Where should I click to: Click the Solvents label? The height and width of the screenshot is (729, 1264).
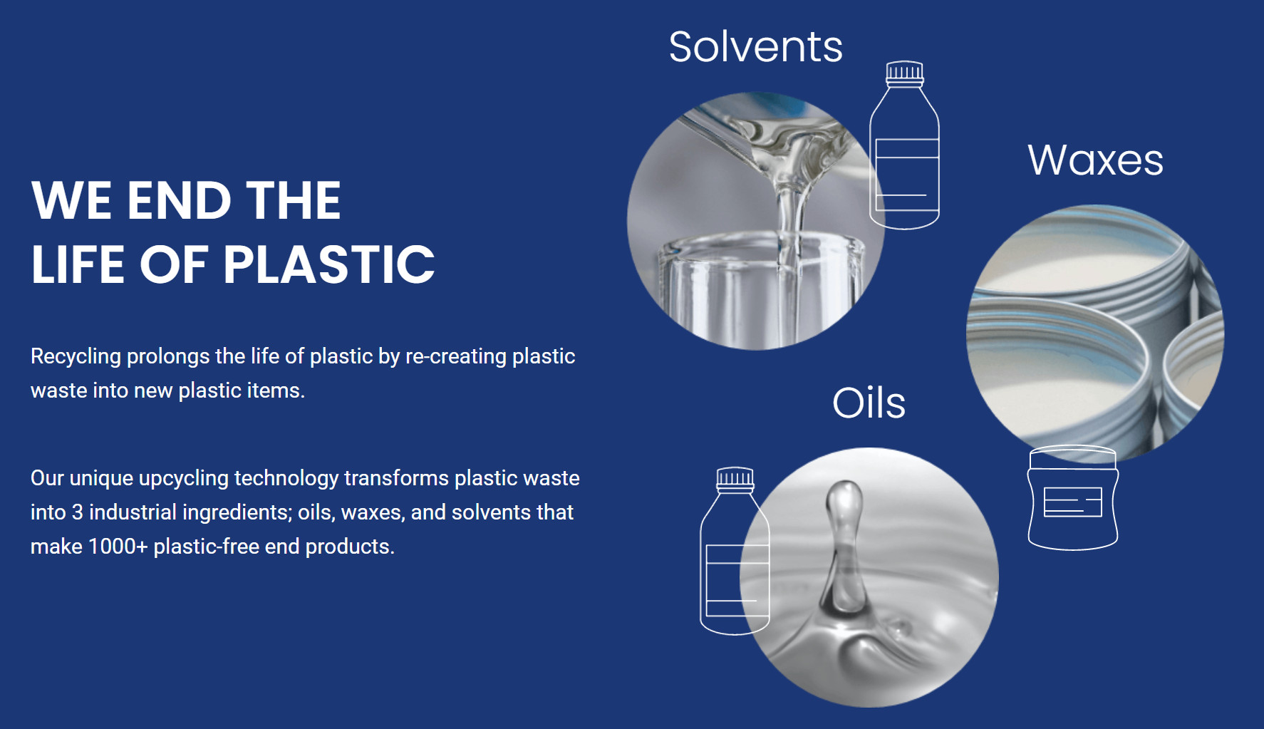click(756, 47)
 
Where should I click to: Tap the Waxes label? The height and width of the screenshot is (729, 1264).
click(1095, 160)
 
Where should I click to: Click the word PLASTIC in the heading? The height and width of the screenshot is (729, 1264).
click(329, 264)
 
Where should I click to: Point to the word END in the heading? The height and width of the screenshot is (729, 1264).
click(179, 200)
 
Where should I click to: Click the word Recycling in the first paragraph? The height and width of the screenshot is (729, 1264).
click(76, 356)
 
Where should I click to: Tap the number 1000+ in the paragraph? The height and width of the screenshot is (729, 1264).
click(118, 547)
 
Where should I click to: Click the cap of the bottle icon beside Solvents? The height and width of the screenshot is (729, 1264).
click(905, 72)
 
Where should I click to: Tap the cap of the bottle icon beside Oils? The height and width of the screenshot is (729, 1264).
click(735, 478)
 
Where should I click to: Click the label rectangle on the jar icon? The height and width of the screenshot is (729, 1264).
click(1072, 502)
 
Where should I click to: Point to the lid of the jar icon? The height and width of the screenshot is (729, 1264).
click(1072, 457)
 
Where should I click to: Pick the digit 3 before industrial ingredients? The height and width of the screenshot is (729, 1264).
click(77, 512)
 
